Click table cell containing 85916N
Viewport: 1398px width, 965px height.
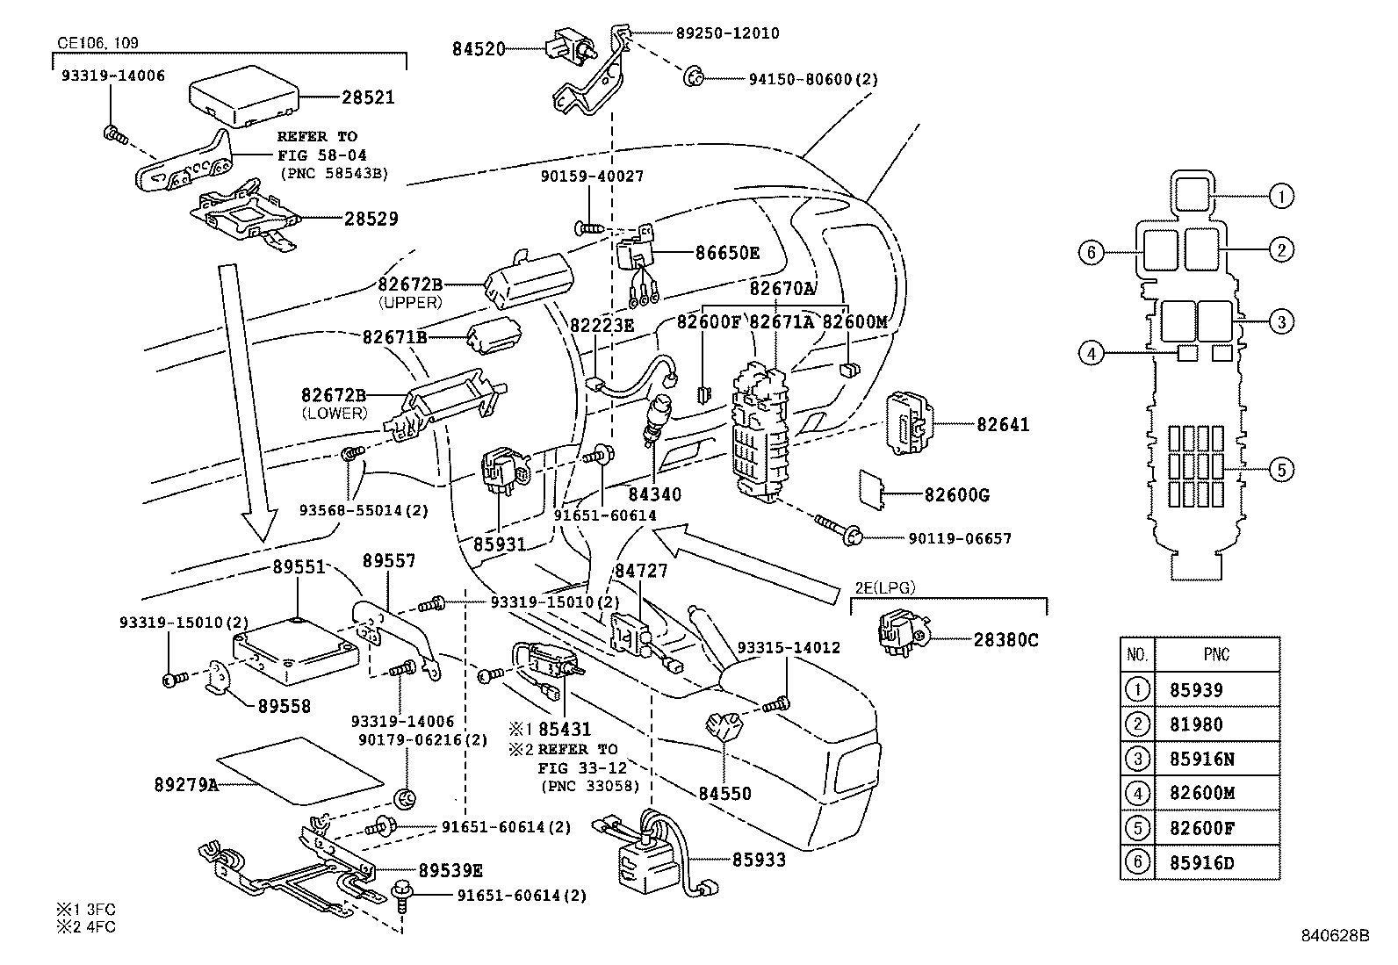[x=1201, y=759]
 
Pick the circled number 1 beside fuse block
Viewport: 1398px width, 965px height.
[x=1281, y=197]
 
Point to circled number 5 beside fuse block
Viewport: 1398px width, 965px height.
[x=1281, y=471]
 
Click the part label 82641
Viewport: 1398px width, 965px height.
[x=1003, y=425]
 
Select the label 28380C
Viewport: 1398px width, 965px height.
[x=1005, y=640]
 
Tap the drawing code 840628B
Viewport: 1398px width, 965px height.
[x=1335, y=935]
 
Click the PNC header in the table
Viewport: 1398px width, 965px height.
[x=1216, y=655]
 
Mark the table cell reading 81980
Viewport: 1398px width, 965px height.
[x=1196, y=724]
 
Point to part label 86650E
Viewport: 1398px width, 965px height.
[x=727, y=253]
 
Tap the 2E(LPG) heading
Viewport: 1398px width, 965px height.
[x=885, y=588]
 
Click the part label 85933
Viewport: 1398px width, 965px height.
[x=760, y=860]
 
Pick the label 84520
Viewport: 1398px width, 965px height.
[x=479, y=49]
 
